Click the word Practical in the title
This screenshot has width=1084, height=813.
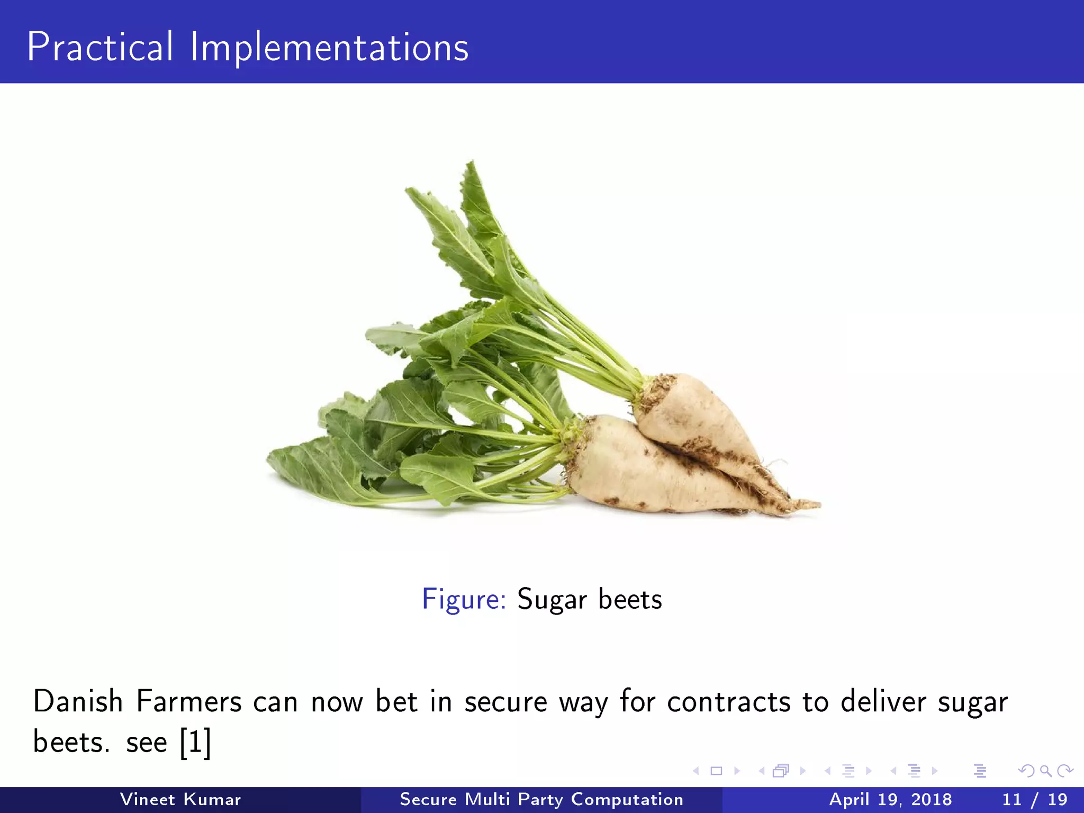[x=100, y=48]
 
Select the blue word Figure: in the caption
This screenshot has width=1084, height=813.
[x=464, y=600]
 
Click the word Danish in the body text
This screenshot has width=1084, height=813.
[x=78, y=702]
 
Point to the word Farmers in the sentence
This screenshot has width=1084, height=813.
[x=189, y=702]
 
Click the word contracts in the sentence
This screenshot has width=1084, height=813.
[x=728, y=703]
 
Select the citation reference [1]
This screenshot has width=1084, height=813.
[x=195, y=742]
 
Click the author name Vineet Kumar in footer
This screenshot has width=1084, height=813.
[x=180, y=799]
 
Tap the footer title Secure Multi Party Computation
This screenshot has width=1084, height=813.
[x=541, y=799]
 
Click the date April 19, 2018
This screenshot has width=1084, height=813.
[x=890, y=799]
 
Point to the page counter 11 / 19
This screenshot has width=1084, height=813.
[x=1034, y=799]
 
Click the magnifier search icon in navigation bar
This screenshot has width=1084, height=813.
[x=1045, y=771]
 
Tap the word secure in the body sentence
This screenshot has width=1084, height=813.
[x=505, y=703]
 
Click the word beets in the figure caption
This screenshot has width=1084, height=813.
[x=630, y=600]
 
